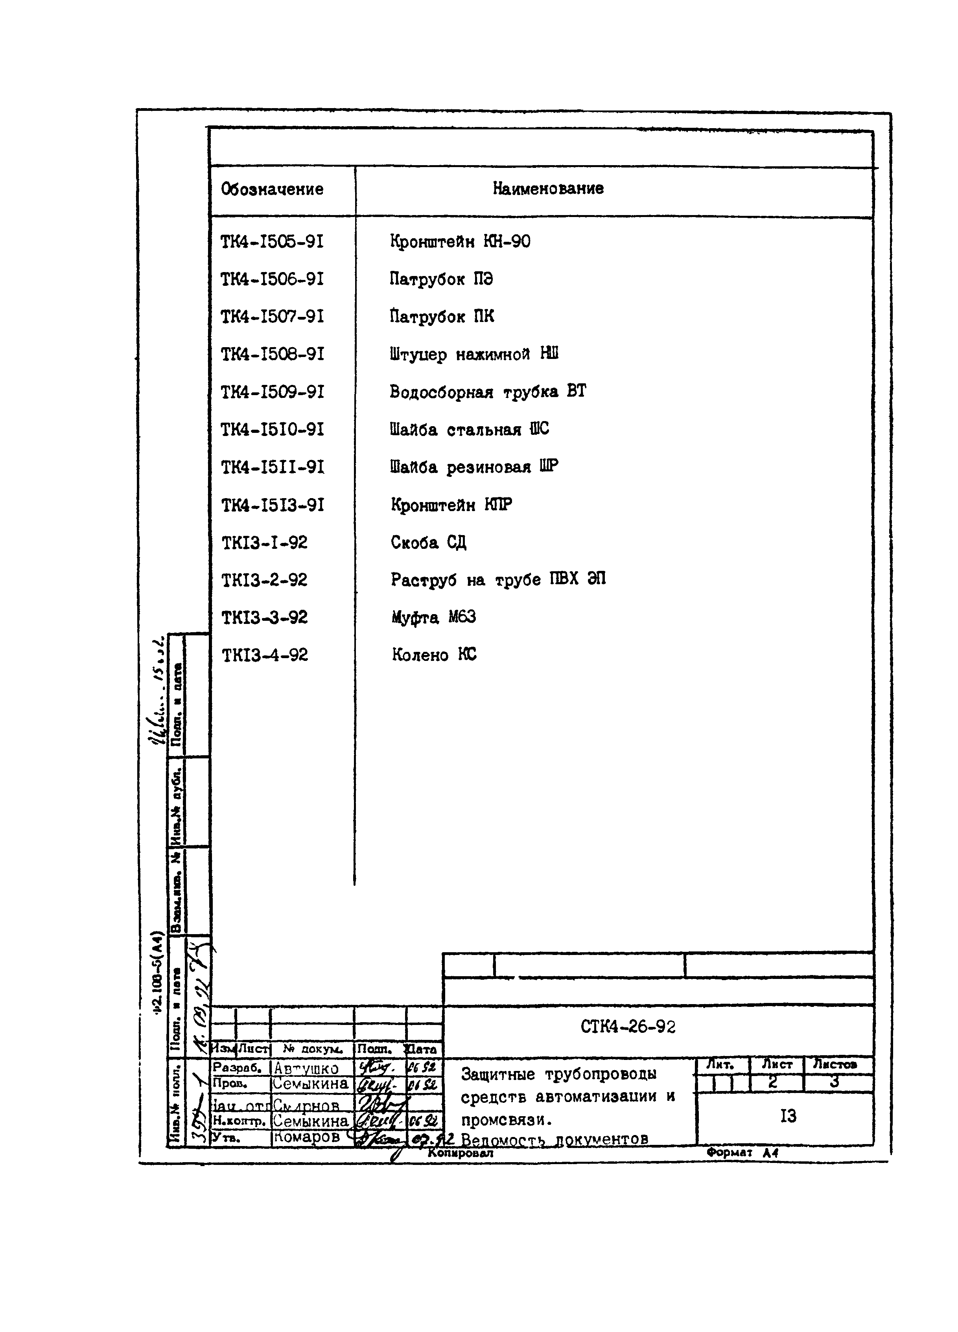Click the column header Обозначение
click(x=272, y=189)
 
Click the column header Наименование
click(x=547, y=189)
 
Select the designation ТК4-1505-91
click(x=272, y=242)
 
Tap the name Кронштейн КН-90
click(x=460, y=241)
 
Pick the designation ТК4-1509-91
click(x=272, y=392)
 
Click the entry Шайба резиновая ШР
click(x=474, y=467)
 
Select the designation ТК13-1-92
click(x=264, y=543)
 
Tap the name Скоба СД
click(x=429, y=542)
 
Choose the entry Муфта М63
click(x=433, y=617)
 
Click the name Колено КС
click(x=434, y=655)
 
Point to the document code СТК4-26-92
click(x=628, y=1027)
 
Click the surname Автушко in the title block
click(x=307, y=1068)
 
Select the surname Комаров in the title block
click(x=307, y=1137)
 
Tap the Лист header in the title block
click(x=776, y=1063)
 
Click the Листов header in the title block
click(x=835, y=1063)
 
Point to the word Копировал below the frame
click(x=461, y=1152)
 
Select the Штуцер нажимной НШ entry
click(x=473, y=354)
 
